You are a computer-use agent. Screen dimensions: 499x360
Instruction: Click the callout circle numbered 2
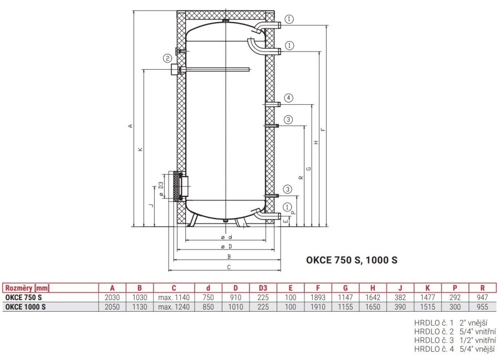tap(167, 58)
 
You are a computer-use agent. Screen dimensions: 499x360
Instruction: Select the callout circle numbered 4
tap(288, 98)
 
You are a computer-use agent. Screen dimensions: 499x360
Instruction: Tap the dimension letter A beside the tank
tap(130, 126)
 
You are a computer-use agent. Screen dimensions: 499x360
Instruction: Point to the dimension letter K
tap(141, 149)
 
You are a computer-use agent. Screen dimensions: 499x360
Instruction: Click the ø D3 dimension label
tap(161, 189)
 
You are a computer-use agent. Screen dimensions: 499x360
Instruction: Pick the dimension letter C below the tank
tap(229, 267)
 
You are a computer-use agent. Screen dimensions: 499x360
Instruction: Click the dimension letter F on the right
tap(323, 129)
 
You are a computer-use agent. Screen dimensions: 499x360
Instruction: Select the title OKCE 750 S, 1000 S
tap(352, 260)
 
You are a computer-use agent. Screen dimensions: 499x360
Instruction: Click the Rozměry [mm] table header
tap(27, 288)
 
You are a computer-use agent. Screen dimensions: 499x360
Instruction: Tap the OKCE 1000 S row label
tap(26, 307)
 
